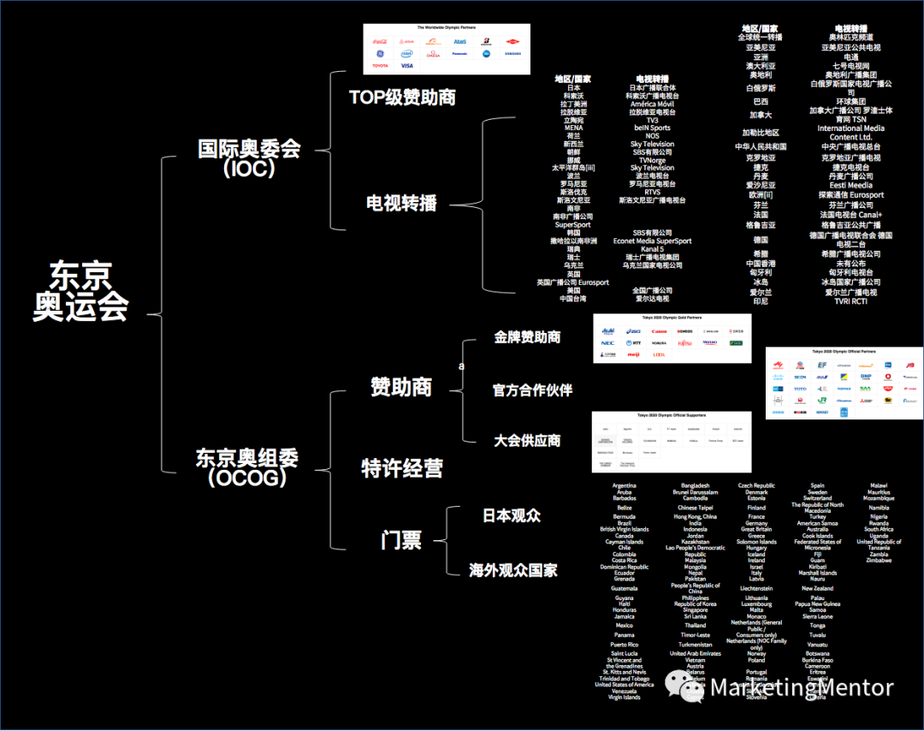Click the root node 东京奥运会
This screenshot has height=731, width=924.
point(80,290)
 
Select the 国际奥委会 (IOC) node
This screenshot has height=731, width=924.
point(249,157)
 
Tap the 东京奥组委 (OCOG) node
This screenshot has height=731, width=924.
point(247,467)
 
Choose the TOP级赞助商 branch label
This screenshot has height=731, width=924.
point(402,97)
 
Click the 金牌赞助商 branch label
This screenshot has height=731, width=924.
point(527,337)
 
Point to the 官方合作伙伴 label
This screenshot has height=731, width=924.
point(532,390)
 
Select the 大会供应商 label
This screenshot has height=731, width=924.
point(527,441)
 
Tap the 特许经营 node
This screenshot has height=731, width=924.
point(401,469)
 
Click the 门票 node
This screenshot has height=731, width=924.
point(400,540)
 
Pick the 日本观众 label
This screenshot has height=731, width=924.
point(512,516)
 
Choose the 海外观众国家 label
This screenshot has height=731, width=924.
point(513,570)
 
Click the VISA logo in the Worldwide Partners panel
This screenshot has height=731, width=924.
point(406,66)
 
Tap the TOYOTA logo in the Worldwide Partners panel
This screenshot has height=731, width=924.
point(379,66)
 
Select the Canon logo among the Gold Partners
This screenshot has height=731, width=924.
point(658,330)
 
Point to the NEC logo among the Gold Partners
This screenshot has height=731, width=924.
point(607,342)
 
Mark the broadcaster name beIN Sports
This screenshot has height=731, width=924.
point(652,128)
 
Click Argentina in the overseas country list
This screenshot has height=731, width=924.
point(624,486)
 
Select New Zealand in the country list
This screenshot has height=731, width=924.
point(817,589)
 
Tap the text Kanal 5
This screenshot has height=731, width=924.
point(652,249)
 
